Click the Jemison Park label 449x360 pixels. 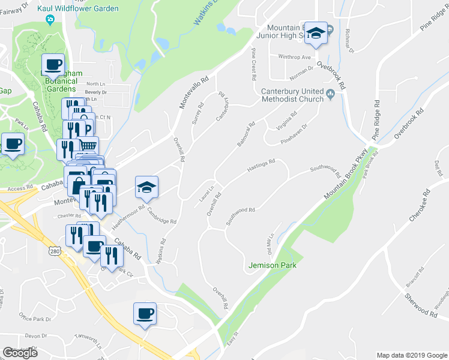coord(273,265)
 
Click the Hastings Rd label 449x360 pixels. coord(261,166)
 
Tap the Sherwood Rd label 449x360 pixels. coord(421,305)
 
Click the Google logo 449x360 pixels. coord(20,353)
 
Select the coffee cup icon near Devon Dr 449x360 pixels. coord(145,313)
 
